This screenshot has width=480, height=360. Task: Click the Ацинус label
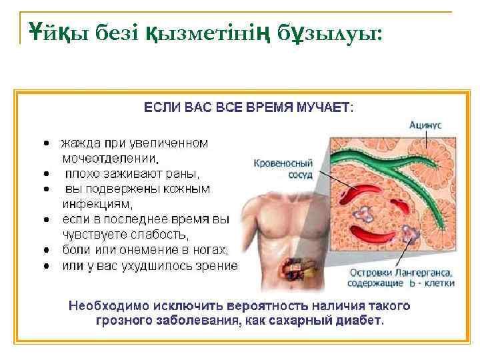click(425, 124)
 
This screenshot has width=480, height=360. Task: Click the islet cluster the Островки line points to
click(407, 233)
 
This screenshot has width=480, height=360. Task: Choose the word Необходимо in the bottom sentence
click(103, 306)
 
